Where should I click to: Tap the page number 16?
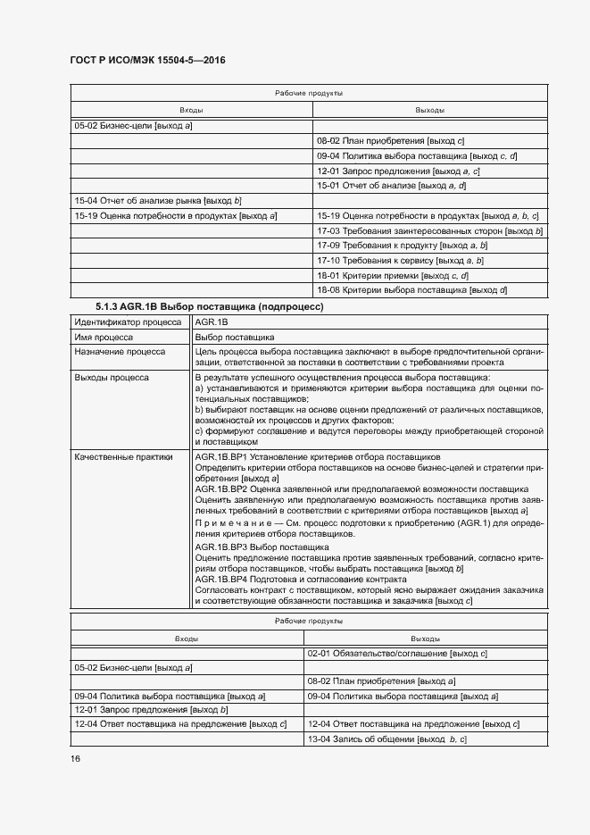(76, 759)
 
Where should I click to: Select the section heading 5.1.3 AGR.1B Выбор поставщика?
(209, 306)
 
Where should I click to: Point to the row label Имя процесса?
(104, 338)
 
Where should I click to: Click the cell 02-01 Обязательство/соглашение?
(396, 654)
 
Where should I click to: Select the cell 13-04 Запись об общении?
(387, 740)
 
